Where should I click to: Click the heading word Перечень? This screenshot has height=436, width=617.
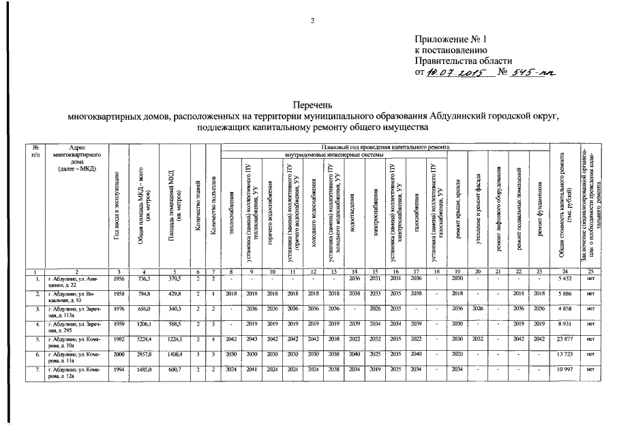(x=313, y=106)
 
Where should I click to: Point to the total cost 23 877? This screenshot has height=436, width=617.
(x=566, y=338)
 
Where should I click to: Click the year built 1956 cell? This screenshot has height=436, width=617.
(x=118, y=279)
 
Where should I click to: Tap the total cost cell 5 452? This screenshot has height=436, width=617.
(x=566, y=279)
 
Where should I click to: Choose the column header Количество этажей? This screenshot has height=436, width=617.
(x=197, y=204)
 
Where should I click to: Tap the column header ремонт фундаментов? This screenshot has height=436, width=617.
(x=540, y=204)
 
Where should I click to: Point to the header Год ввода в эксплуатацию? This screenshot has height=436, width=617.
(x=118, y=204)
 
